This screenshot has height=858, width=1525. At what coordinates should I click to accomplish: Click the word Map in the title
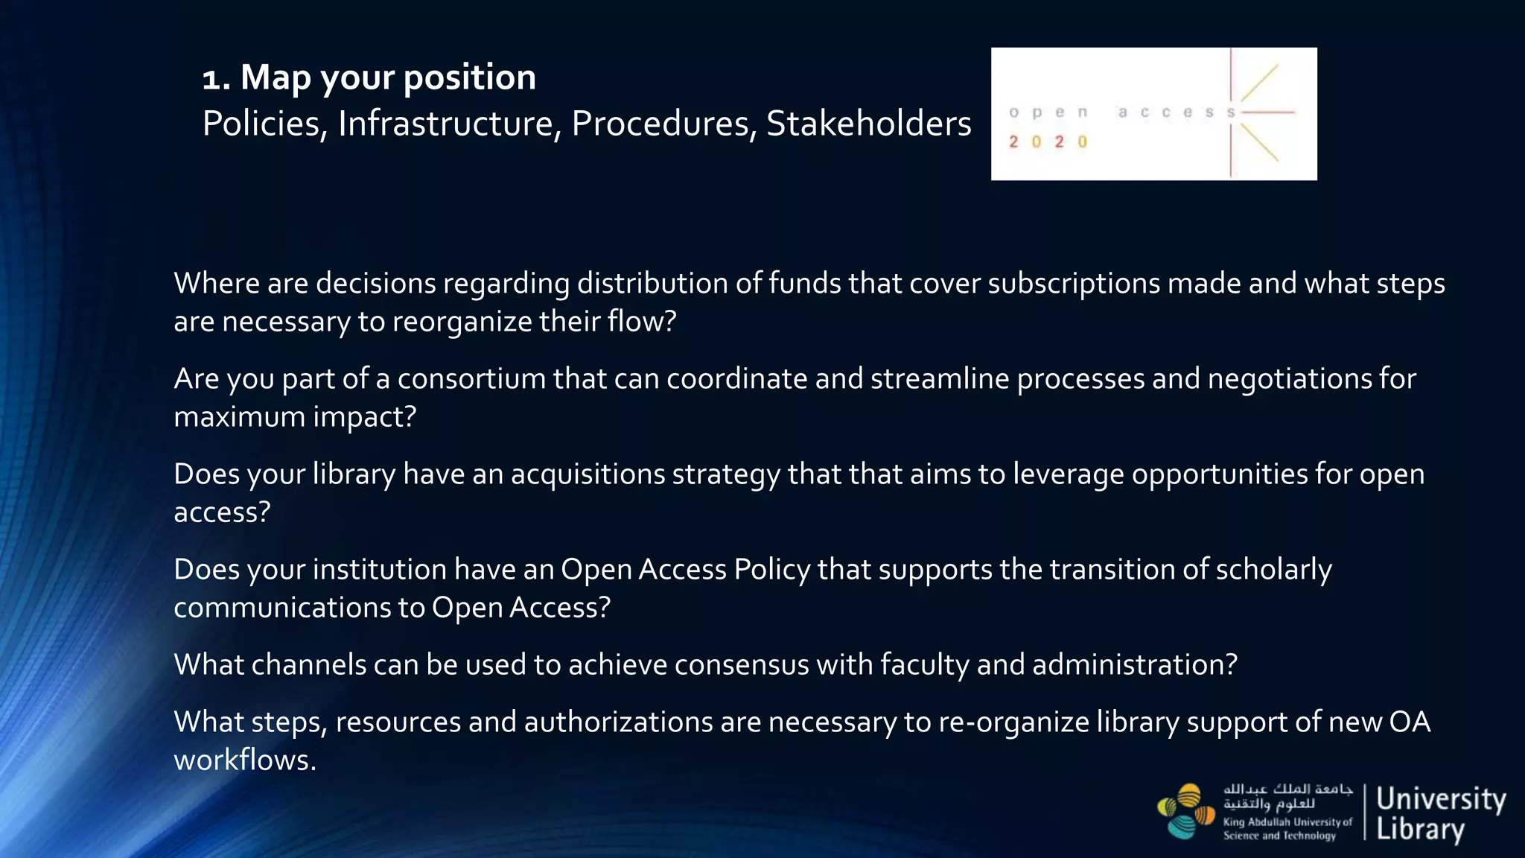(276, 78)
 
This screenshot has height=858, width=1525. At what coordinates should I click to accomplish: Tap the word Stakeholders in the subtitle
(868, 124)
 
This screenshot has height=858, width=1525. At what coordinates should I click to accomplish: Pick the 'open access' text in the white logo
(1121, 112)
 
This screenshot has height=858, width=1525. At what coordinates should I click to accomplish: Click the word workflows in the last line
(244, 760)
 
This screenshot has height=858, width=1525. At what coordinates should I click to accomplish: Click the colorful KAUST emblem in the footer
(1186, 811)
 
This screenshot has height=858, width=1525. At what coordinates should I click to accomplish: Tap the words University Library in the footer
(1439, 813)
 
